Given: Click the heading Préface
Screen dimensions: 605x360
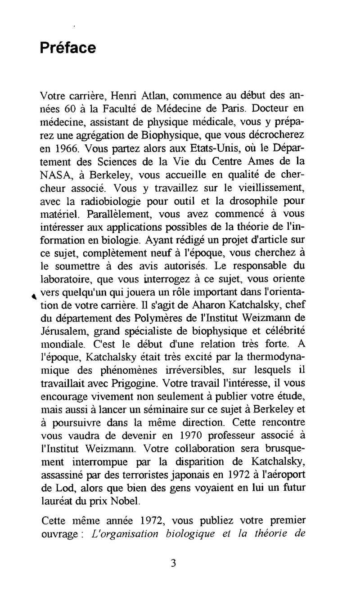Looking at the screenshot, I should tap(67, 48).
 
